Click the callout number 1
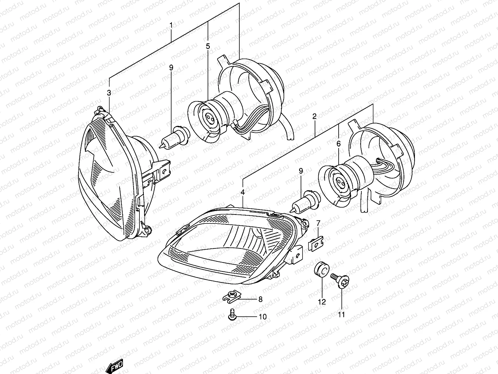pos(171,25)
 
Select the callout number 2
pos(314,117)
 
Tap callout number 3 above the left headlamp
pos(109,93)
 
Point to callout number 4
pos(242,193)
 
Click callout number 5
pos(208,46)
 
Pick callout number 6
pos(339,144)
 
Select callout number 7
pos(318,223)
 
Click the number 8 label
pos(260,300)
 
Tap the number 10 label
pos(262,317)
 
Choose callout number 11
pos(341,315)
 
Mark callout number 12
pos(322,302)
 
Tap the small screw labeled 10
pos(231,315)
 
